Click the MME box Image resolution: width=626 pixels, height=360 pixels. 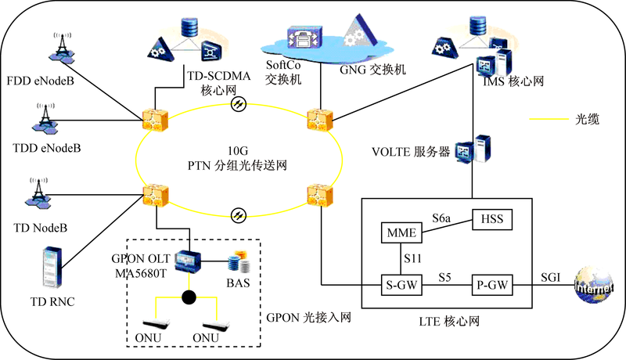point(401,232)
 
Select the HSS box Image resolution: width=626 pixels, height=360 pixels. point(492,219)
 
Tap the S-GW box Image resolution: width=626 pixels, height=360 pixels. point(401,285)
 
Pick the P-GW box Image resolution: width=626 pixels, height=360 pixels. point(492,285)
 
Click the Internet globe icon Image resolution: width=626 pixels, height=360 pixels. point(593,285)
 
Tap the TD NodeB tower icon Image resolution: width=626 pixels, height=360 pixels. point(38,193)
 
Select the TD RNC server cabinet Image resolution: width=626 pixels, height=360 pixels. point(52,268)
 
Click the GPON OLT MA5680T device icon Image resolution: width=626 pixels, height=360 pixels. point(188,261)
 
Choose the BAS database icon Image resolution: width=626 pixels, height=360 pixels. point(239,261)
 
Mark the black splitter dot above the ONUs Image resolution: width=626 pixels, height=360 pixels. point(189,297)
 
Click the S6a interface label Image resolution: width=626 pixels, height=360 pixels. point(441,218)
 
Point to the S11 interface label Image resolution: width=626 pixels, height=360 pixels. point(413,258)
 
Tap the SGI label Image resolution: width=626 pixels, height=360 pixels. point(551,277)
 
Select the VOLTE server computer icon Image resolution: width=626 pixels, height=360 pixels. point(473,149)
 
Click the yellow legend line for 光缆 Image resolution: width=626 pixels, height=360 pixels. point(549,119)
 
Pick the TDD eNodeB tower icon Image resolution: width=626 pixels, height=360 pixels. point(45,119)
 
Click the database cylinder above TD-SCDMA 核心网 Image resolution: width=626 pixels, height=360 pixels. point(189,27)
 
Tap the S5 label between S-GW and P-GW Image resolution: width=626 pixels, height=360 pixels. point(444,277)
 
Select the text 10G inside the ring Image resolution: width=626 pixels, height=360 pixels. point(238,151)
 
